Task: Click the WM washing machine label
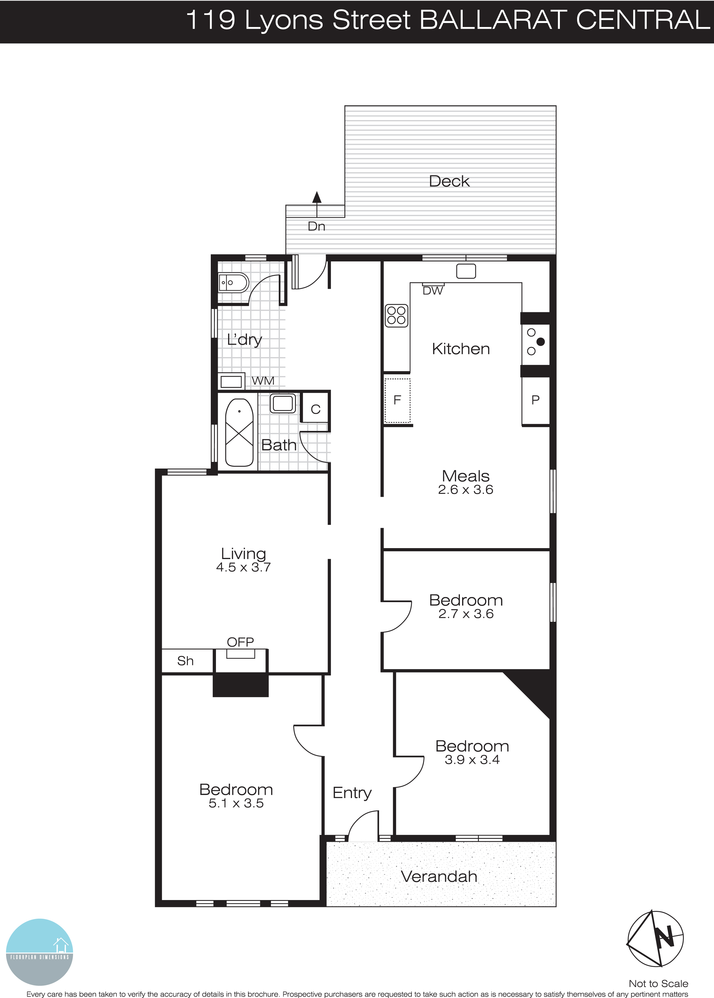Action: [x=263, y=381]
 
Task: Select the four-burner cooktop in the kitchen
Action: [x=396, y=316]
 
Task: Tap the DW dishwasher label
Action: [x=432, y=291]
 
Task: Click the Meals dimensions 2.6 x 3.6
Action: [x=465, y=490]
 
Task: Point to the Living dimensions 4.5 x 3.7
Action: [x=243, y=567]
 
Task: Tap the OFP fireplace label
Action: [x=240, y=642]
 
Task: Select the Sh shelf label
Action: [x=185, y=661]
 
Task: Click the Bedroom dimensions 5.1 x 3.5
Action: [x=236, y=804]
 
